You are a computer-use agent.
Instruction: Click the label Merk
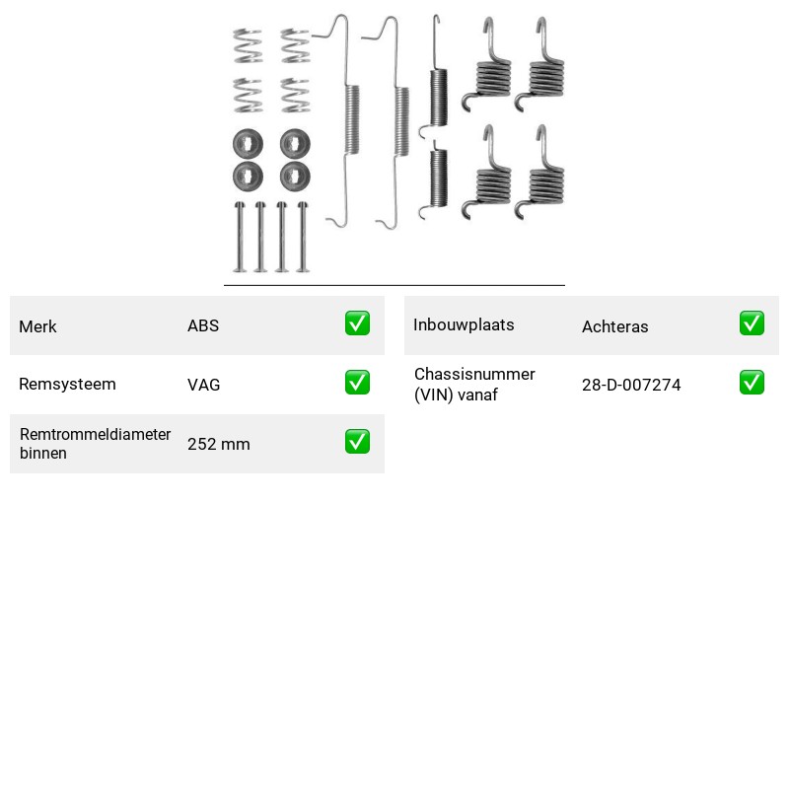[37, 326]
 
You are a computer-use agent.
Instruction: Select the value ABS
[203, 325]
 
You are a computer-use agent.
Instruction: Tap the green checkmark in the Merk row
[357, 323]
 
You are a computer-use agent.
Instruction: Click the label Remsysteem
[67, 384]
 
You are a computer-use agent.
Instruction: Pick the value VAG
[204, 385]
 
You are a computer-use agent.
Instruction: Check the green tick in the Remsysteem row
[357, 383]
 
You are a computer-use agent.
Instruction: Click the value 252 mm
[219, 444]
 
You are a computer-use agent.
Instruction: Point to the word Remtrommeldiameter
[95, 434]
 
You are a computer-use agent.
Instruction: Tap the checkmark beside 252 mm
[357, 441]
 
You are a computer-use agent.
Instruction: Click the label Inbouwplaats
[464, 325]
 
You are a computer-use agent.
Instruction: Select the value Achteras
[614, 326]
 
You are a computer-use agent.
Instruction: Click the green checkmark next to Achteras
[752, 323]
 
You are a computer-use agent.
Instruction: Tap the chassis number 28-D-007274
[631, 385]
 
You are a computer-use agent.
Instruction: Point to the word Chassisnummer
[474, 374]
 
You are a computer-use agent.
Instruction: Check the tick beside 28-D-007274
[752, 383]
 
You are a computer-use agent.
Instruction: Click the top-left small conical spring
[248, 45]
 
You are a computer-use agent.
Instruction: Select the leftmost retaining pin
[240, 237]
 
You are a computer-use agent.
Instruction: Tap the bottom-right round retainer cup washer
[295, 177]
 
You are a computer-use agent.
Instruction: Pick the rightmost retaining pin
[303, 237]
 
